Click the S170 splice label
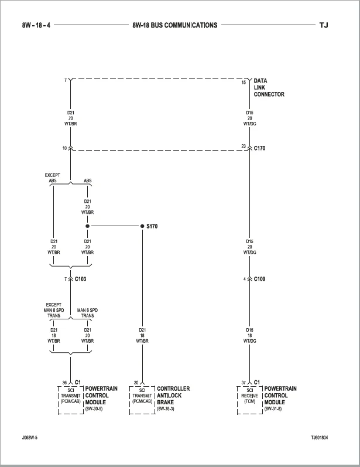152,226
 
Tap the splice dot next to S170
142,226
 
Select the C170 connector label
259,148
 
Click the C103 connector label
80,279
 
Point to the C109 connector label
259,279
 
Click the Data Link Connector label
269,87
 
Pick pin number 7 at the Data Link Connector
66,80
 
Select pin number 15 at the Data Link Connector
244,83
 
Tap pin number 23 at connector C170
244,146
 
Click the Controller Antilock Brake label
173,396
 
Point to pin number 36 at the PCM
64,383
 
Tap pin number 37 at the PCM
244,383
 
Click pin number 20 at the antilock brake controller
136,383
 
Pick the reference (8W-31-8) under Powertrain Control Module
273,409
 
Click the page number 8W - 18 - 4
36,25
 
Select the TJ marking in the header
324,25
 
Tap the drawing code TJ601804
320,438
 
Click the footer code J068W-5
29,438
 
